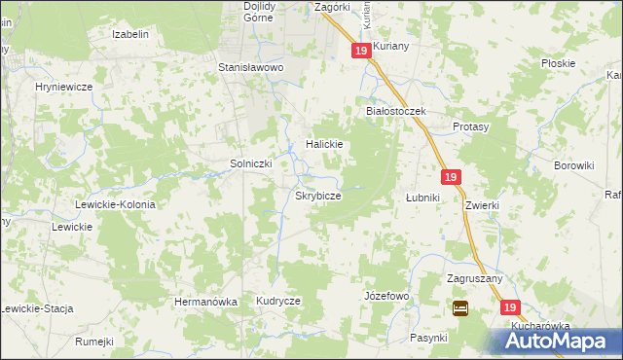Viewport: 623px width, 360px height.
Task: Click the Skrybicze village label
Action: pos(318,196)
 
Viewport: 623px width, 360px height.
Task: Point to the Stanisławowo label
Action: pos(250,68)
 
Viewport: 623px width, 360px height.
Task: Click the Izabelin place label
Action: pos(130,34)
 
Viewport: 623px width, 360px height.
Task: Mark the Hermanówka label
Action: pos(205,302)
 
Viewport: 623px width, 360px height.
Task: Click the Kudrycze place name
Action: pos(278,302)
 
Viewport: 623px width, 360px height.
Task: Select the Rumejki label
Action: pos(94,342)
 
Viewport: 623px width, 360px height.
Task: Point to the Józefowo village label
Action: pos(386,295)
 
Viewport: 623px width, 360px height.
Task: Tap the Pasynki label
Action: pos(428,338)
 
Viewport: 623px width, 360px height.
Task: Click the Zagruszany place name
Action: pos(474,278)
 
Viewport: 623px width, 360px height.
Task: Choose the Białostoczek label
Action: pos(396,111)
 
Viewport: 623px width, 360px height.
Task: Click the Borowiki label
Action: pos(573,165)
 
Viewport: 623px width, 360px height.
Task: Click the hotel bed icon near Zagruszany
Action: pos(460,308)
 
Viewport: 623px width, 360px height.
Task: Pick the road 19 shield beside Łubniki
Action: pos(450,177)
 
